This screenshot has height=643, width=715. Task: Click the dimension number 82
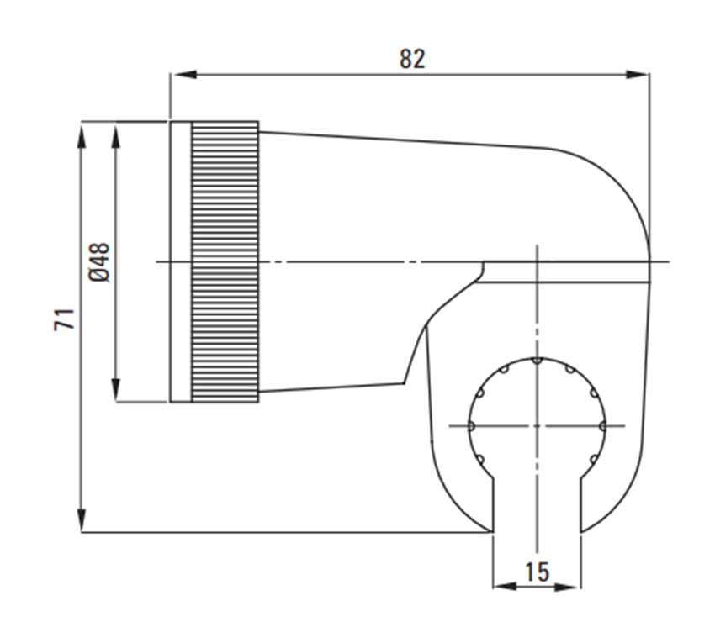[x=412, y=59]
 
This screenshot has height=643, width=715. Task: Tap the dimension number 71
[x=64, y=319]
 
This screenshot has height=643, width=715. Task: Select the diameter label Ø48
[x=99, y=262]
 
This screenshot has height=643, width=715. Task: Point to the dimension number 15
[x=538, y=572]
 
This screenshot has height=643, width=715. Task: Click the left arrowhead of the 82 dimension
[x=183, y=74]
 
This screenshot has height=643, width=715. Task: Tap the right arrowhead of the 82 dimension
[x=637, y=74]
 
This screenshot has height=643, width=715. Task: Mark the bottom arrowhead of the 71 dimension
[x=82, y=519]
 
